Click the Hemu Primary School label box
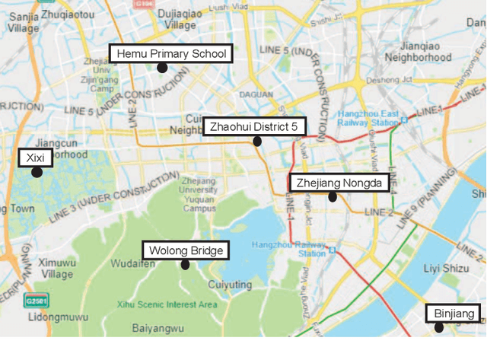[170, 53]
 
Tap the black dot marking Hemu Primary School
[162, 68]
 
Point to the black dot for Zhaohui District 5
[257, 141]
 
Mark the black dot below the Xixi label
[36, 172]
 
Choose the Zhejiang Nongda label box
[339, 183]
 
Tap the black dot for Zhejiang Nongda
[333, 196]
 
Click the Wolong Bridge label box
[186, 250]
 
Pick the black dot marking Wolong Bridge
[185, 265]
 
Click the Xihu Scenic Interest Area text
[177, 304]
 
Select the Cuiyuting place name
[229, 284]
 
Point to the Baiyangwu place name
[158, 329]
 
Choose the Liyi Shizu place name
[446, 267]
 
